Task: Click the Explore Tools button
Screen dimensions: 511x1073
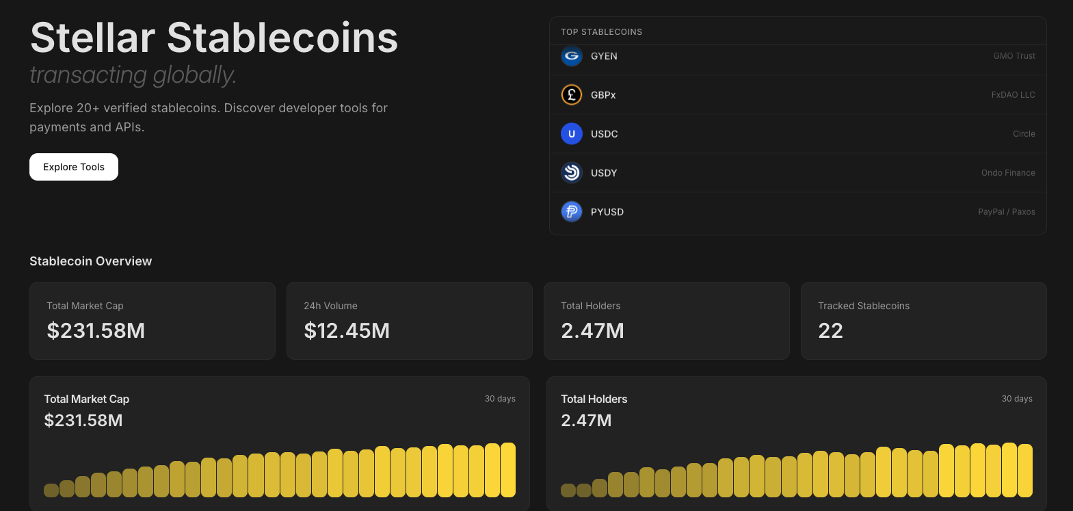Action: pos(74,167)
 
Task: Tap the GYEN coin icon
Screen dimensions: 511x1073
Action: pos(572,56)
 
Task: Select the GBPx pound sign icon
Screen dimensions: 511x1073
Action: pos(572,94)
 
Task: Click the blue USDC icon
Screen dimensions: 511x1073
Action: pos(572,133)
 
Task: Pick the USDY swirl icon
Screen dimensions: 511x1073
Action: pos(572,172)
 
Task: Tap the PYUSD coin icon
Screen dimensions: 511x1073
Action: pos(572,211)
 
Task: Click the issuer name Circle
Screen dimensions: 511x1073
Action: pos(1024,134)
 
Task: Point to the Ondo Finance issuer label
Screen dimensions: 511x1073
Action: pos(1008,173)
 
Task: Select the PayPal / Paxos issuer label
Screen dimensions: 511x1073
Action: pos(1006,212)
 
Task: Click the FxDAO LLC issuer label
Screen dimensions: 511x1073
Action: pos(1013,95)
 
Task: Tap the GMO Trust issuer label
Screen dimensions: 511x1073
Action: pos(1014,56)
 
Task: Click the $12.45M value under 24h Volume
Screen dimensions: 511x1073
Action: pos(347,331)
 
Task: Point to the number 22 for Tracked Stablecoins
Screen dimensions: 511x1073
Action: pos(830,331)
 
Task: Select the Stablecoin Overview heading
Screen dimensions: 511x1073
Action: pos(91,261)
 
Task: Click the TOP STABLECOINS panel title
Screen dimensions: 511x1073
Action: pos(601,32)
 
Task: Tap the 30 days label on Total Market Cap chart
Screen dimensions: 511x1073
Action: pos(500,399)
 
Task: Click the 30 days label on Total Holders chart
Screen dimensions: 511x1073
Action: pos(1017,399)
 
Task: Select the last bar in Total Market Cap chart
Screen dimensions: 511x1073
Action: pos(508,470)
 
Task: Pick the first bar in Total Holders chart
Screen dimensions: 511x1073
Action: pos(568,490)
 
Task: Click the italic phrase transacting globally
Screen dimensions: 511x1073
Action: pos(133,75)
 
